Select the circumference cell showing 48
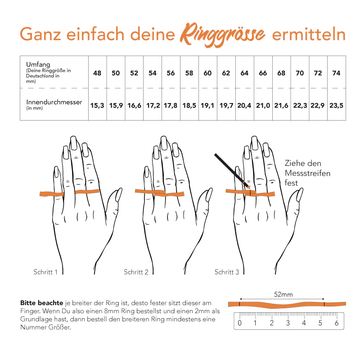[x=97, y=73]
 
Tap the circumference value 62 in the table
[x=226, y=73]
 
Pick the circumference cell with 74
[x=336, y=73]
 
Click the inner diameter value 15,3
[x=97, y=105]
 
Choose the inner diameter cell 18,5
[x=189, y=105]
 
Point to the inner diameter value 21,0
[x=263, y=105]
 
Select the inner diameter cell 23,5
[x=336, y=105]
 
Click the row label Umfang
[x=35, y=64]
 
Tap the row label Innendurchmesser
[x=54, y=102]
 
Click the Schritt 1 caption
[x=45, y=272]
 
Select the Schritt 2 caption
[x=136, y=272]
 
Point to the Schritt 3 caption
[x=227, y=272]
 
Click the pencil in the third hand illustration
[x=232, y=170]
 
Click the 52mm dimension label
[x=283, y=294]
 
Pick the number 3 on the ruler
[x=288, y=323]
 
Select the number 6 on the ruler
[x=336, y=323]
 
